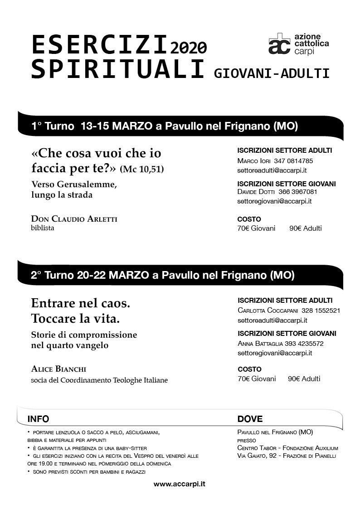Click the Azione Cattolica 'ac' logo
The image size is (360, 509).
(279, 44)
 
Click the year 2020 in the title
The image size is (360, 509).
(189, 47)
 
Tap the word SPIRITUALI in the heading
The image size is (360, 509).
(117, 69)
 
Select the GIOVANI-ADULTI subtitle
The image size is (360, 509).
(272, 73)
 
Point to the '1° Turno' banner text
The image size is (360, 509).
(53, 126)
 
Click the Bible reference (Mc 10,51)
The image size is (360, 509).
(142, 170)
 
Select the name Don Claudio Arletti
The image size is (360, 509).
(74, 219)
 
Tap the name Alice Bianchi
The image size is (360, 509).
(59, 369)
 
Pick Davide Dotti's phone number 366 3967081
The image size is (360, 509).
(297, 192)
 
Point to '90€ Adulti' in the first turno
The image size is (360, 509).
(306, 228)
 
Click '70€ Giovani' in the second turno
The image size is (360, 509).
(257, 378)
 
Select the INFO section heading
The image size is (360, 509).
(38, 419)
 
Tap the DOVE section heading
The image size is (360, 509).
(250, 419)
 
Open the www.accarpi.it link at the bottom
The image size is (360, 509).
(180, 484)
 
